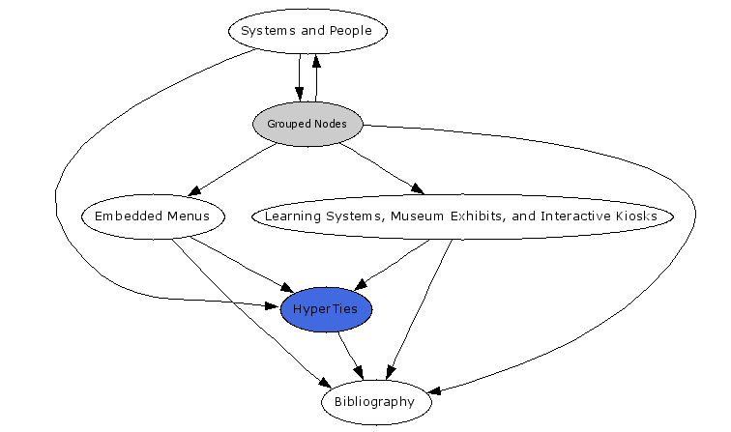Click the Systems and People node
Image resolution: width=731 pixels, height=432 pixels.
point(307,31)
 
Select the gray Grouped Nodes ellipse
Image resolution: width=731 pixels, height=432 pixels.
point(307,124)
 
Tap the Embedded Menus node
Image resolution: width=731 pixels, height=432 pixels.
point(153,216)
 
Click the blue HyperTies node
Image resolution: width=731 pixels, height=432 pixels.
point(326,309)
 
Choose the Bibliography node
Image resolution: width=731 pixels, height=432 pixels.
point(374,401)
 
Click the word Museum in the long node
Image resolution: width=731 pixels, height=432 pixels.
point(423,216)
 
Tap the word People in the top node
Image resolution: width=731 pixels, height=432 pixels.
point(350,31)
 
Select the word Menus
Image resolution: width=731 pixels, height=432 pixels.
point(188,216)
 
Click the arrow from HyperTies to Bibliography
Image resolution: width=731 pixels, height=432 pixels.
point(350,355)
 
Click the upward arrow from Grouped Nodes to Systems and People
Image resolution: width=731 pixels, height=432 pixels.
point(316,77)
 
